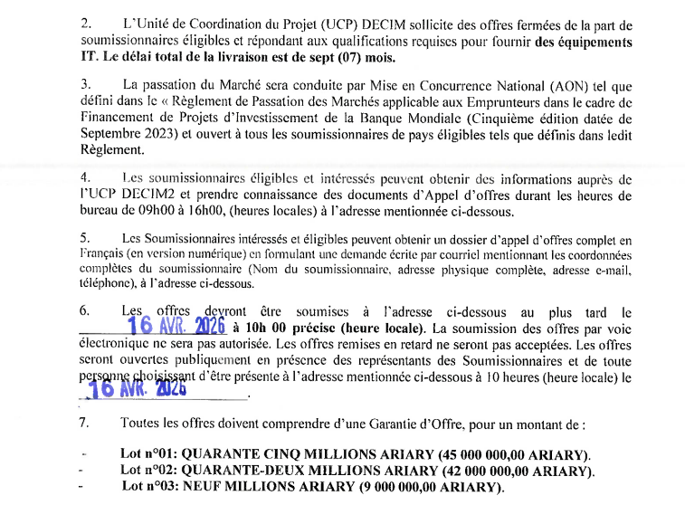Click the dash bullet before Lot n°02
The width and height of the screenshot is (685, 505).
point(83,472)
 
